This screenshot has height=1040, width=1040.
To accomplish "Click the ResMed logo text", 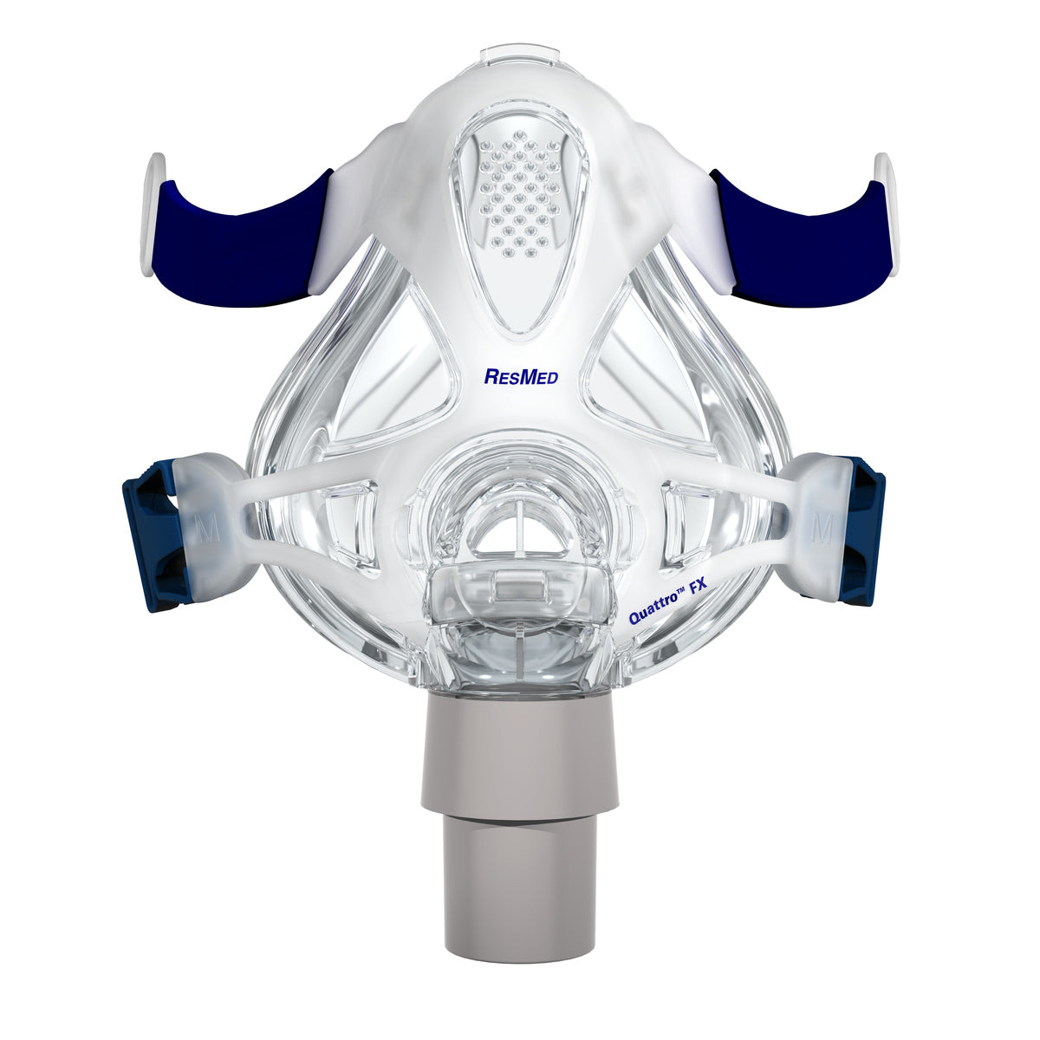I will pos(520,376).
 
